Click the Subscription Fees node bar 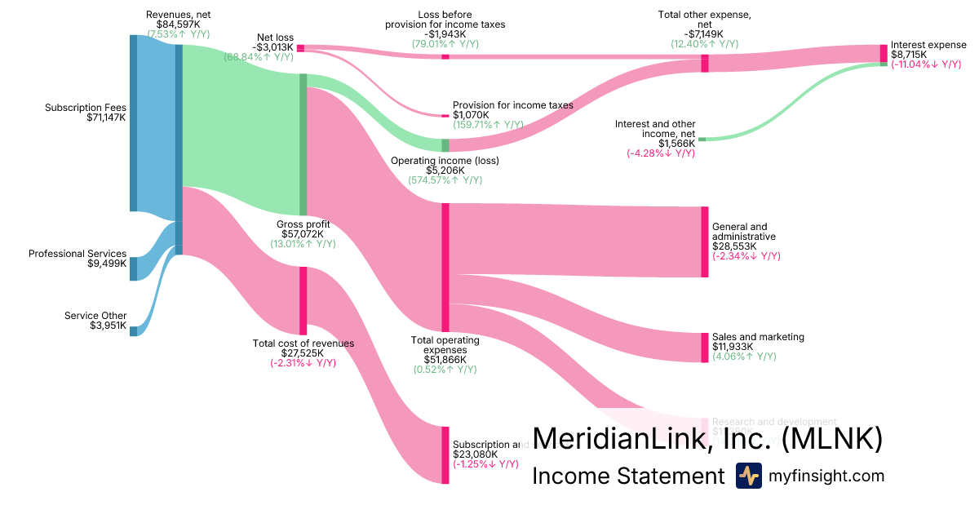click(133, 122)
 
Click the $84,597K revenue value click(178, 24)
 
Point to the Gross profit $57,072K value click(303, 234)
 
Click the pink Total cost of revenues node click(303, 300)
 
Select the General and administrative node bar click(705, 241)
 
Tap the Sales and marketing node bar click(705, 348)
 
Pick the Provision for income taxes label click(512, 105)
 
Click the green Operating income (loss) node click(445, 145)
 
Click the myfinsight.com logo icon click(748, 476)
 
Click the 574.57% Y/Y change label click(445, 181)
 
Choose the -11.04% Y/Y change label click(925, 64)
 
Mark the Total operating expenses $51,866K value click(445, 359)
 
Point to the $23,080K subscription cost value click(475, 454)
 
